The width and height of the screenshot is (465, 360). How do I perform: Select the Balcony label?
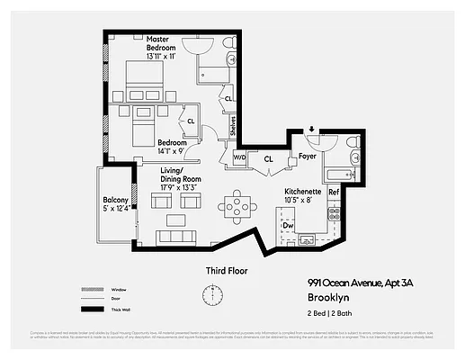(x=114, y=202)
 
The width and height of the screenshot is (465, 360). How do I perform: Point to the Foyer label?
(x=307, y=155)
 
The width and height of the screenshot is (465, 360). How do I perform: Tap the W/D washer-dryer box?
(x=239, y=157)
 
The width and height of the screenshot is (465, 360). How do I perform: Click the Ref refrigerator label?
(x=333, y=193)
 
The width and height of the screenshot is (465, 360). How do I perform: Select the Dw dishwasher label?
(x=289, y=225)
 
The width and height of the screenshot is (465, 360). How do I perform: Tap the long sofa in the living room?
(x=176, y=238)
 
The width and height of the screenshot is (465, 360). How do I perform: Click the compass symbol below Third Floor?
(x=213, y=295)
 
